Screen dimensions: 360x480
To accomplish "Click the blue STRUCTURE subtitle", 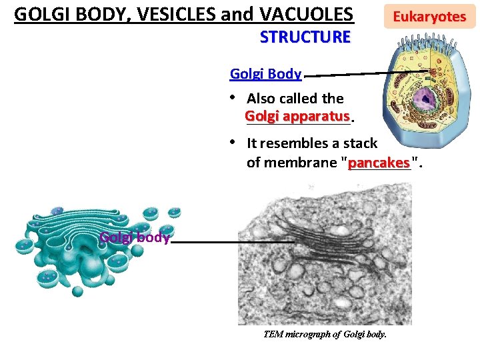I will click(x=305, y=37).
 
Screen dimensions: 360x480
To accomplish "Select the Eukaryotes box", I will click(x=429, y=17).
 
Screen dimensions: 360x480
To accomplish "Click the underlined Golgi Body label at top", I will click(x=265, y=74).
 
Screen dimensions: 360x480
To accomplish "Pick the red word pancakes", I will click(x=379, y=163).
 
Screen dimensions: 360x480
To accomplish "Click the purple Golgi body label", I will click(x=134, y=237).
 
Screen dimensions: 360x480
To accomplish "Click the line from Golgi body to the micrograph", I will click(x=233, y=241).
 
